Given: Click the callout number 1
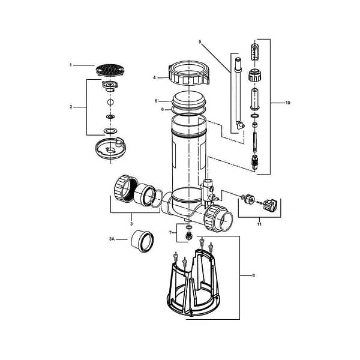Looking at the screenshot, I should [70, 65].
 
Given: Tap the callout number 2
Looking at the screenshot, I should [70, 107].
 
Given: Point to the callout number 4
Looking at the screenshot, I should [155, 77].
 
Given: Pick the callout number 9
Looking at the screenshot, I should [199, 41].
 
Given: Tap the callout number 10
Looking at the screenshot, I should [287, 103].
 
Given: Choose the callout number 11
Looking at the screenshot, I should [260, 223].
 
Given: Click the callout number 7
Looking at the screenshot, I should [170, 232].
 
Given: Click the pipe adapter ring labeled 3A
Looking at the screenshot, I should [143, 241].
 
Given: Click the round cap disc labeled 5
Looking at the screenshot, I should [190, 99].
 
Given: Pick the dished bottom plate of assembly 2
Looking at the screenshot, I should [109, 148].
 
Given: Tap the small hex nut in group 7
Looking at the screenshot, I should [188, 236].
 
